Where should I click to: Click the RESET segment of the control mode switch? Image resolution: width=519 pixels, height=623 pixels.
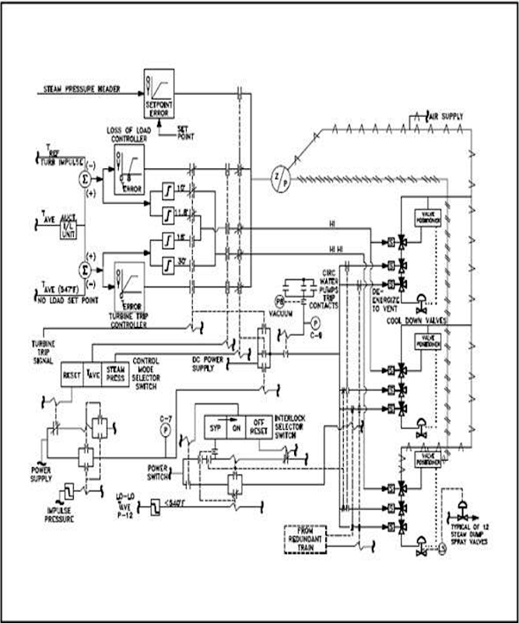[72, 373]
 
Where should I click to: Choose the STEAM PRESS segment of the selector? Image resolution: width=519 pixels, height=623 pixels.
[115, 373]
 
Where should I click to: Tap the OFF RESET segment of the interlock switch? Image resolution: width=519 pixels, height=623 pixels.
[260, 427]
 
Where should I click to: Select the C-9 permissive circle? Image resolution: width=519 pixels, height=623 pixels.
[315, 322]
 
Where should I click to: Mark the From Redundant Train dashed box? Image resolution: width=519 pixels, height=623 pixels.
[305, 538]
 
